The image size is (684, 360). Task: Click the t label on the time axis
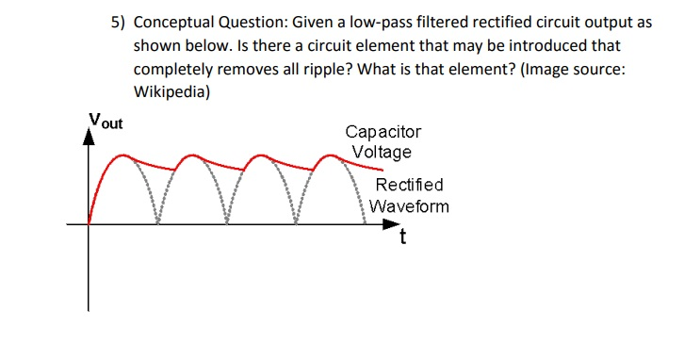(403, 237)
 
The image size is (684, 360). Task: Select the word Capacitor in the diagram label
(383, 133)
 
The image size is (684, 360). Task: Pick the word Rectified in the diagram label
(408, 186)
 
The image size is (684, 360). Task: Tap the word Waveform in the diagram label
(409, 206)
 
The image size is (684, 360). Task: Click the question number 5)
(117, 23)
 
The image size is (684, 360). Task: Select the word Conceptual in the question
(177, 23)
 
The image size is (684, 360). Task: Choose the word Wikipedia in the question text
(171, 92)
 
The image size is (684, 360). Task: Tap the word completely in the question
(174, 70)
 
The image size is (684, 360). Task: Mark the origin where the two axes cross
(90, 224)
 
